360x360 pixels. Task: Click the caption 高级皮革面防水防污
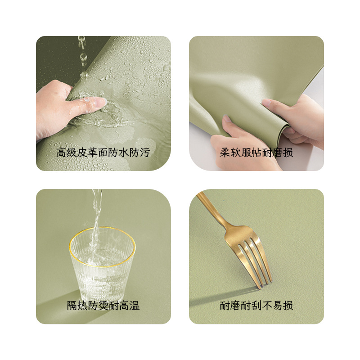103,152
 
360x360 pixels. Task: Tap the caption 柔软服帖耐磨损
256,152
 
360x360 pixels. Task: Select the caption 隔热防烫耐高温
103,306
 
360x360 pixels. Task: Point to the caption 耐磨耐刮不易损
256,306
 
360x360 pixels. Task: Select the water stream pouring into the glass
96,211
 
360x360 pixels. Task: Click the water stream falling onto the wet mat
82,54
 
